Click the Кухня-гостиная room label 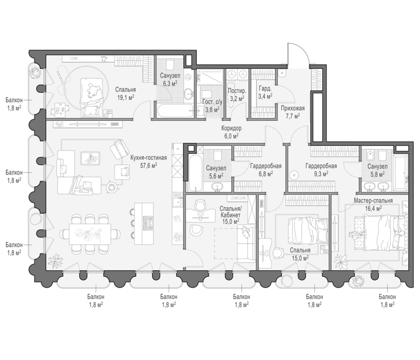pyautogui.click(x=149, y=157)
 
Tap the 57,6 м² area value pyautogui.click(x=149, y=166)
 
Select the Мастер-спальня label pyautogui.click(x=373, y=201)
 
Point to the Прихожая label pyautogui.click(x=293, y=109)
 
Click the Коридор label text pyautogui.click(x=231, y=128)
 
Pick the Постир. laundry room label pyautogui.click(x=237, y=91)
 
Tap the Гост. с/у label pyautogui.click(x=212, y=102)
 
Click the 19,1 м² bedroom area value pyautogui.click(x=125, y=98)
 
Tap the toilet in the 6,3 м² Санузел pyautogui.click(x=170, y=64)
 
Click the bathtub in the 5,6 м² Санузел pyautogui.click(x=195, y=172)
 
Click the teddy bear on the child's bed pyautogui.click(x=94, y=91)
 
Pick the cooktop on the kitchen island pyautogui.click(x=148, y=223)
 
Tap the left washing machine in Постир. pyautogui.click(x=232, y=75)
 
